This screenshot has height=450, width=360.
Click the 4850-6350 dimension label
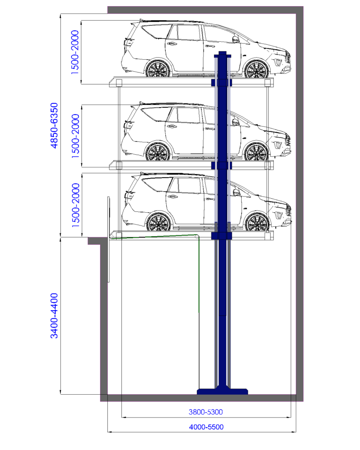pyautogui.click(x=54, y=125)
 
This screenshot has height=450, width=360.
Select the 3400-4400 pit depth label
pyautogui.click(x=54, y=316)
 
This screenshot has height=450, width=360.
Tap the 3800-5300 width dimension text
pyautogui.click(x=206, y=412)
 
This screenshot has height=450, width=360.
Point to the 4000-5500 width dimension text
pyautogui.click(x=206, y=427)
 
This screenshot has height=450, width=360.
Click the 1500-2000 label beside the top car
pyautogui.click(x=75, y=52)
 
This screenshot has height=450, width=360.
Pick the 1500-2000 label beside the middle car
pyautogui.click(x=75, y=136)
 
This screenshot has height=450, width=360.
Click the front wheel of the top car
pyautogui.click(x=256, y=69)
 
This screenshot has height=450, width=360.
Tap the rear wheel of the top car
pyautogui.click(x=158, y=69)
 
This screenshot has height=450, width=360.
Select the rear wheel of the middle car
pyautogui.click(x=158, y=152)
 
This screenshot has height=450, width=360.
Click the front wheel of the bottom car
pyautogui.click(x=257, y=222)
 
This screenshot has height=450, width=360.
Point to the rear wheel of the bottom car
pyautogui.click(x=159, y=222)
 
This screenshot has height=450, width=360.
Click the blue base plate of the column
pyautogui.click(x=222, y=391)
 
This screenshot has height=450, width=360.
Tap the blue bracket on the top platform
pyautogui.click(x=222, y=83)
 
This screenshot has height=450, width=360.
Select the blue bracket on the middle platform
pyautogui.click(x=222, y=166)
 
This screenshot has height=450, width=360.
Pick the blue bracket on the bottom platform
pyautogui.click(x=222, y=236)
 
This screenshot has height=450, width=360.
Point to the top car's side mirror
pyautogui.click(x=236, y=40)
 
